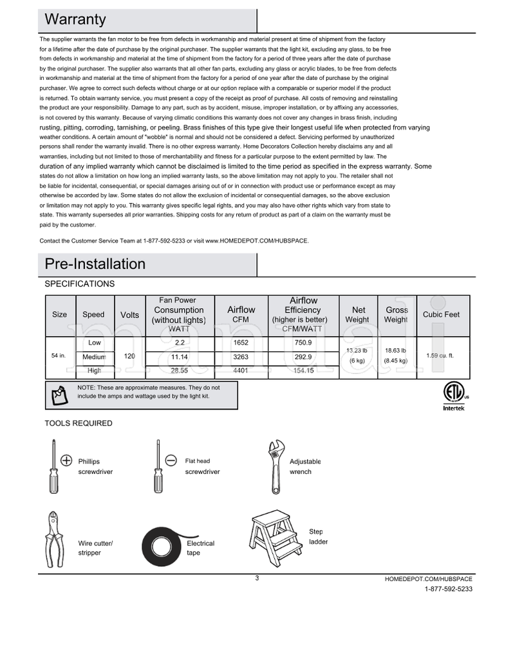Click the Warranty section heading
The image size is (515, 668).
(75, 20)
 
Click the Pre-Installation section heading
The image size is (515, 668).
(95, 264)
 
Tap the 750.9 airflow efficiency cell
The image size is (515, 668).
(303, 342)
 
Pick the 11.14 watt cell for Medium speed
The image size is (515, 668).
(180, 357)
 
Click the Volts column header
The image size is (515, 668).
(129, 315)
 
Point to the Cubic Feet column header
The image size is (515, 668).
(441, 315)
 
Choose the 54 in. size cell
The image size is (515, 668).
(59, 356)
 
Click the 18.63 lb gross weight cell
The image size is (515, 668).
(395, 356)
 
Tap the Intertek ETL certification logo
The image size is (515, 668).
(451, 395)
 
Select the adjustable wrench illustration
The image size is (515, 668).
(275, 459)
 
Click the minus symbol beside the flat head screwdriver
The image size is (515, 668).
(171, 460)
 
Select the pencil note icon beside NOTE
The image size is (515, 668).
(59, 394)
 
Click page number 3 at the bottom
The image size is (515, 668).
(257, 578)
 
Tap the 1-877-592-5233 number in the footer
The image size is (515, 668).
(448, 589)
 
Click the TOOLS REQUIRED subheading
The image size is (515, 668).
(78, 424)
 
